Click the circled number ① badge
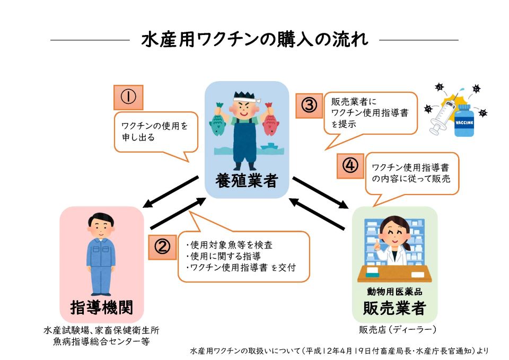(128, 98)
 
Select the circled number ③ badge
(309, 106)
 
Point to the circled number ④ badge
(350, 165)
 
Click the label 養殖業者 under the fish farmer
(247, 180)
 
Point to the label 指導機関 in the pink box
(102, 307)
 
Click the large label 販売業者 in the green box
(394, 308)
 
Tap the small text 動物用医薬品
(394, 292)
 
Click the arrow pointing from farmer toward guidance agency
(171, 192)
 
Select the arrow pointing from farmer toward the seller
(321, 193)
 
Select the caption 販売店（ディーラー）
(397, 330)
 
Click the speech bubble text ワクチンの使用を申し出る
(154, 131)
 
